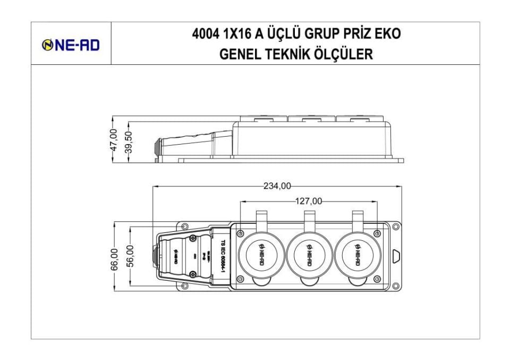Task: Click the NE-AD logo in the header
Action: pyautogui.click(x=71, y=46)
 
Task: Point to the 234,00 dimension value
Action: pyautogui.click(x=277, y=186)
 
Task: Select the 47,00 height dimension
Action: pyautogui.click(x=113, y=140)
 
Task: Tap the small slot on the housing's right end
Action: pyautogui.click(x=395, y=256)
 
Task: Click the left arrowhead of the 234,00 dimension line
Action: pyautogui.click(x=155, y=186)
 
